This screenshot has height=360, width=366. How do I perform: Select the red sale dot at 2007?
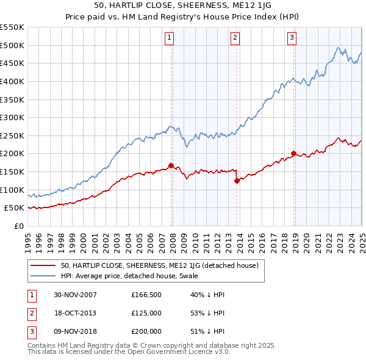pos(171,165)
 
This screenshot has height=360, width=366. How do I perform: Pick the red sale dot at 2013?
pos(237,181)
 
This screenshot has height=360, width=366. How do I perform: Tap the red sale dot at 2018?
pos(293,153)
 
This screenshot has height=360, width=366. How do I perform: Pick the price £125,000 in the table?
pos(147,314)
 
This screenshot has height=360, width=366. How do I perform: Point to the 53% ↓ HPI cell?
pos(208,314)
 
